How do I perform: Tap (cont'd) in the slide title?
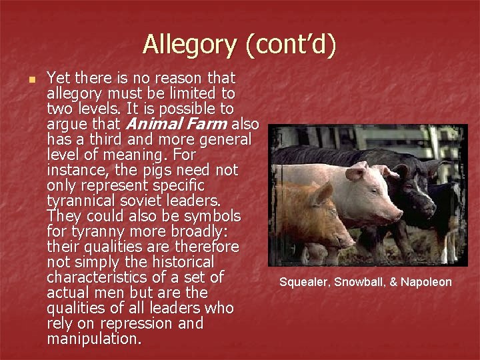pos(291,45)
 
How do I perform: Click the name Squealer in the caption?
pos(303,283)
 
